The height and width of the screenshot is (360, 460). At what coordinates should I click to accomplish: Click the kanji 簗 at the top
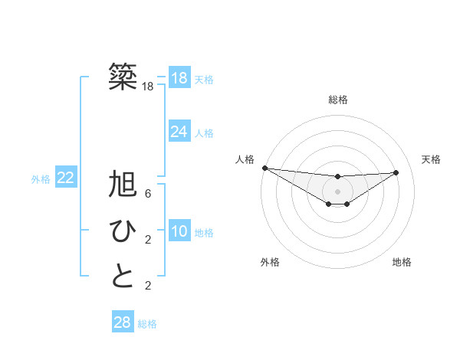(x=123, y=77)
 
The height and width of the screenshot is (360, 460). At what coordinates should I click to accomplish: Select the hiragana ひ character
(x=123, y=231)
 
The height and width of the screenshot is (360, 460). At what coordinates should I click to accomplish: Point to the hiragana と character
(x=123, y=276)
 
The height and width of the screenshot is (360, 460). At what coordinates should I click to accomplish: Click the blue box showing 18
(x=179, y=78)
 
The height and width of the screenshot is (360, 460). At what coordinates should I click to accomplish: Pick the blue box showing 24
(x=179, y=132)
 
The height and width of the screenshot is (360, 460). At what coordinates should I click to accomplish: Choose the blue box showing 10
(x=179, y=231)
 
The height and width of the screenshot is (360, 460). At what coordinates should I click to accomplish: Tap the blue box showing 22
(x=65, y=178)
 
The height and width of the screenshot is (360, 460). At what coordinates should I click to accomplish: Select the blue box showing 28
(x=122, y=322)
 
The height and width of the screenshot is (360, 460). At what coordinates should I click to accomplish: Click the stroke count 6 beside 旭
(x=148, y=194)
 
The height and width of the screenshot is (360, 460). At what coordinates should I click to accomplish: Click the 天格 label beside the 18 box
(x=204, y=79)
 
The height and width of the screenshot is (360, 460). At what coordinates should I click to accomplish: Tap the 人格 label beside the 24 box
(x=204, y=133)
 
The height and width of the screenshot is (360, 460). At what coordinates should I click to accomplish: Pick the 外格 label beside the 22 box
(x=41, y=179)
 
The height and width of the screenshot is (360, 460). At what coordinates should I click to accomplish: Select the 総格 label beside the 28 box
(x=147, y=324)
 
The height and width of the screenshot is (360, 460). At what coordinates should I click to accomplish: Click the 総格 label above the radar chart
(x=337, y=100)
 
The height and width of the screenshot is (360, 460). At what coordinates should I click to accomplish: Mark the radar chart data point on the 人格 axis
(x=264, y=168)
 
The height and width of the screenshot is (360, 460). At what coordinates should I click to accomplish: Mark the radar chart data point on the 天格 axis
(x=396, y=172)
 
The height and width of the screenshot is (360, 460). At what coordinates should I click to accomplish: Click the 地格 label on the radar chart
(x=402, y=262)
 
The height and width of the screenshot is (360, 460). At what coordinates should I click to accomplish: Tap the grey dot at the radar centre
(x=337, y=191)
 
